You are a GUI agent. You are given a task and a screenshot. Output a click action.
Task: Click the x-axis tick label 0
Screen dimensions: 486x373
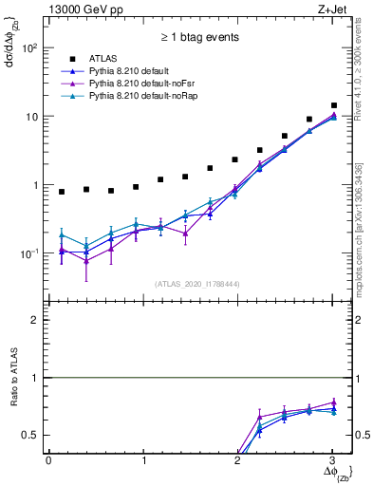(48, 460)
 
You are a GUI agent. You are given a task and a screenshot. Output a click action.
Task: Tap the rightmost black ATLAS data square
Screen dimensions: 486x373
(334, 105)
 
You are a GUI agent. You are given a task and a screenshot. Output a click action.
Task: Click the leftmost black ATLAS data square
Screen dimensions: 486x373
(62, 192)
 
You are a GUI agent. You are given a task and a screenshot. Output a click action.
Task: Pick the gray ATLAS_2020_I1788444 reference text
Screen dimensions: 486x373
(196, 284)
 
